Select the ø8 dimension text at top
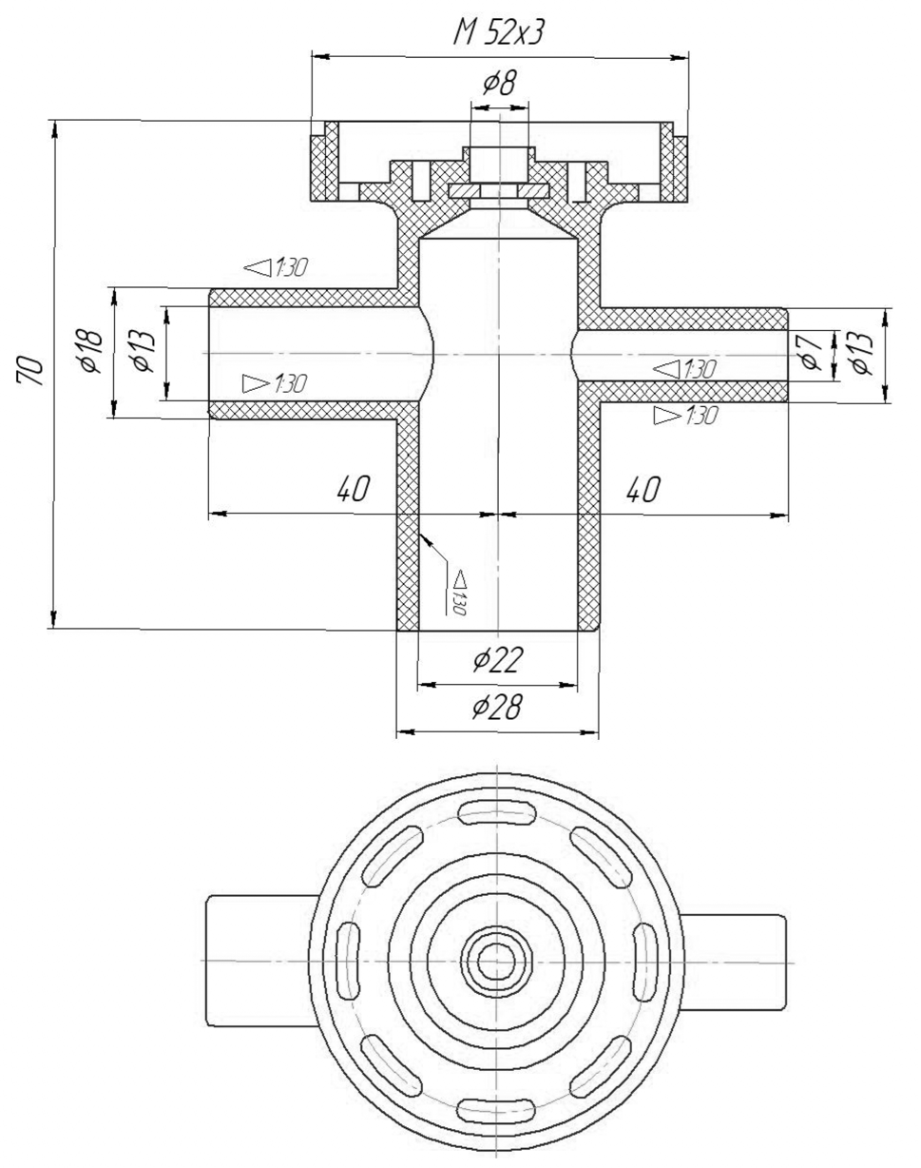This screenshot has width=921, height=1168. pos(498,84)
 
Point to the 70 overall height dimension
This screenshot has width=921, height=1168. pos(30,370)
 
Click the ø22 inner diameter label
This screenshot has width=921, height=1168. pos(497,659)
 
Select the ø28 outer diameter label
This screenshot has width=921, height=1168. pos(497,707)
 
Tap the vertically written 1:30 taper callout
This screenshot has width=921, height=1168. pos(459,593)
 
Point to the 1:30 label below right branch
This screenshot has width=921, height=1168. pos(685,415)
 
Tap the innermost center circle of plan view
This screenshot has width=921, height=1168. pos(494,962)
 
